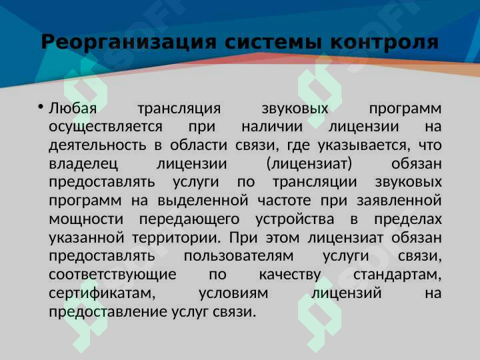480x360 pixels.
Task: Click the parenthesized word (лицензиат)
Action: pyautogui.click(x=309, y=164)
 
